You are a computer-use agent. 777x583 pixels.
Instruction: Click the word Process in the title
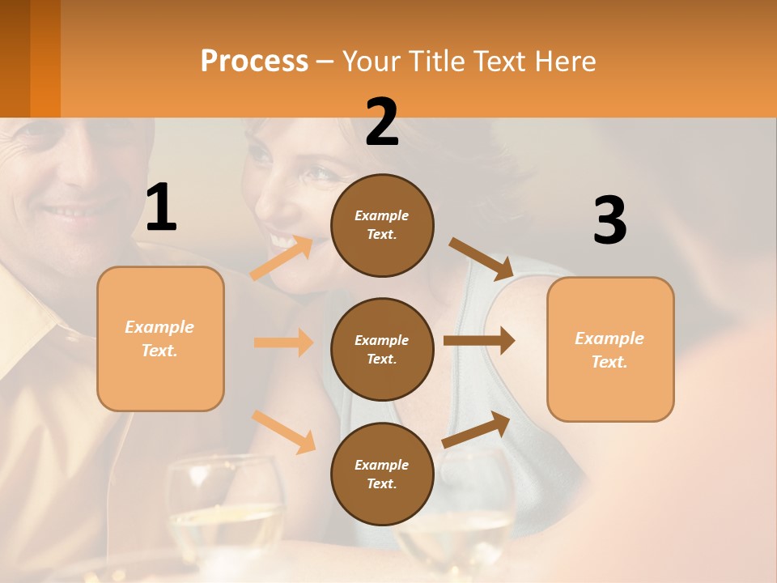pos(254,61)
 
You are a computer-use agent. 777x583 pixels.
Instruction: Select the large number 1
pos(161,208)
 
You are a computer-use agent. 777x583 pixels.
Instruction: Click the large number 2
pos(382,122)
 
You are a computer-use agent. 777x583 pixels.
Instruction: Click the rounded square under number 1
pos(160,338)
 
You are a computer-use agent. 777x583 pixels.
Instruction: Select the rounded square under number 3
pos(610,349)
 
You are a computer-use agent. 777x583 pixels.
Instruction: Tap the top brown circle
pos(382,225)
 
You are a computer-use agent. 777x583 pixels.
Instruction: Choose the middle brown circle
pos(382,349)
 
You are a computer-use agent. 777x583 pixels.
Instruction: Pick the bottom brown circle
pos(382,474)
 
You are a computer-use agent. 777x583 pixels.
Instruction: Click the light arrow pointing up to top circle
pos(282,257)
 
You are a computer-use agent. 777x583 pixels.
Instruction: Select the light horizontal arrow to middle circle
pos(283,343)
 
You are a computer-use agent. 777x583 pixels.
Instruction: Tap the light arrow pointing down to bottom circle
pos(284,431)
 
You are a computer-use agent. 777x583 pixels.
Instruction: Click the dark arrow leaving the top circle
pos(482,259)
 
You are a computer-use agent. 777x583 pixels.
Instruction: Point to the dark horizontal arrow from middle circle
pos(479,340)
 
